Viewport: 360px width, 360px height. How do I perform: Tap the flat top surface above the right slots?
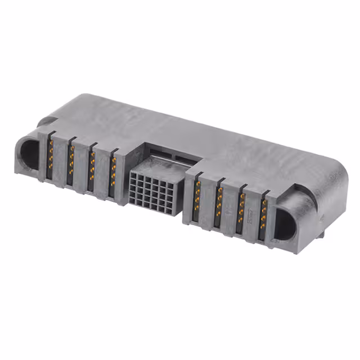pyautogui.click(x=253, y=163)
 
